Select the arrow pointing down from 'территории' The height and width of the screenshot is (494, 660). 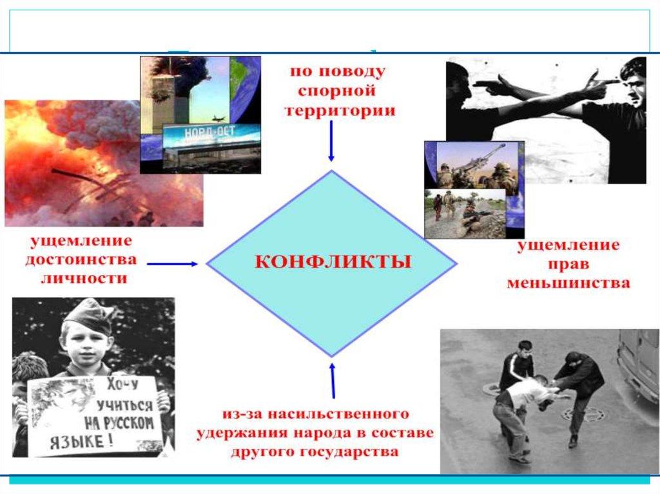pos(331,142)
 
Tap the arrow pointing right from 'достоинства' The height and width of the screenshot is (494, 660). pos(172,263)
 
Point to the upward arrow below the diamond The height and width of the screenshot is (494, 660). pos(333,381)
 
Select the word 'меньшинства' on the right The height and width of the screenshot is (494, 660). pos(568,282)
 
